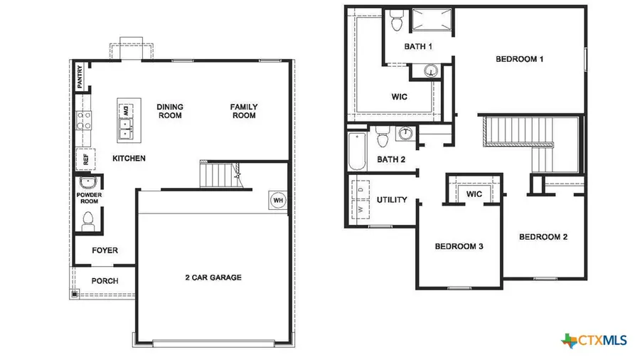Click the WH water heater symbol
point(277,199)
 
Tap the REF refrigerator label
point(85,159)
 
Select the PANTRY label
point(80,78)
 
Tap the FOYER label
point(105,250)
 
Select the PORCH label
point(105,281)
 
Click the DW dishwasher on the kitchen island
point(126,111)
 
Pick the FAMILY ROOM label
point(243,111)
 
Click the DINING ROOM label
point(169,111)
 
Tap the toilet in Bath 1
point(397,21)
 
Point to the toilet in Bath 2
point(382,134)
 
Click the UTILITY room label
point(392,200)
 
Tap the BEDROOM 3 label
point(459,246)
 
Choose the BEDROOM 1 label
point(519,59)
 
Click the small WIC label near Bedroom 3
point(474,194)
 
